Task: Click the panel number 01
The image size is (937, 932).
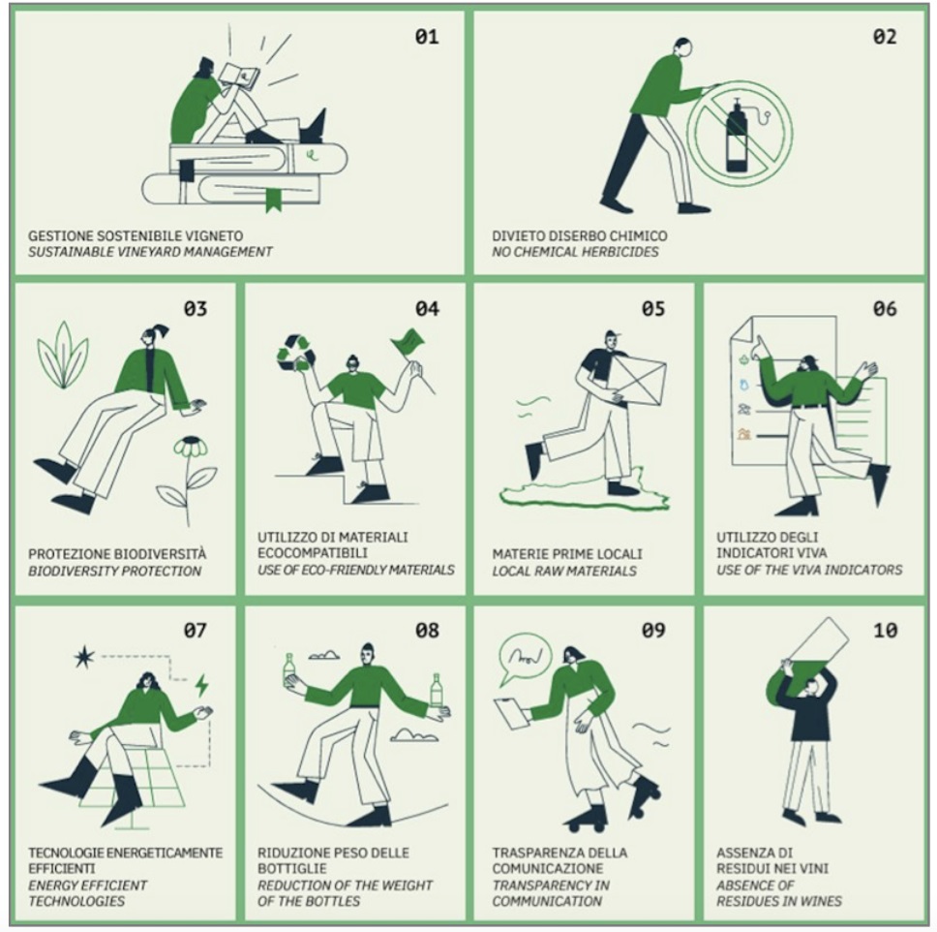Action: point(427,37)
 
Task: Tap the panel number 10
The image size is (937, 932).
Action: point(885,630)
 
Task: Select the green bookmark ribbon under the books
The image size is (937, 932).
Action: point(273,200)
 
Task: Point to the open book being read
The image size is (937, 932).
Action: point(240,76)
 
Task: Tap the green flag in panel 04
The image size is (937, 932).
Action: point(408,342)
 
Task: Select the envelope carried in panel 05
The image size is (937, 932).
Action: point(640,381)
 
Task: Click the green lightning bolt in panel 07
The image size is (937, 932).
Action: point(202,686)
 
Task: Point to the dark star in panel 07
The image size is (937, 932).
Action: point(83,657)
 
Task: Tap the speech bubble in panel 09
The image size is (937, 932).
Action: point(524,659)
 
